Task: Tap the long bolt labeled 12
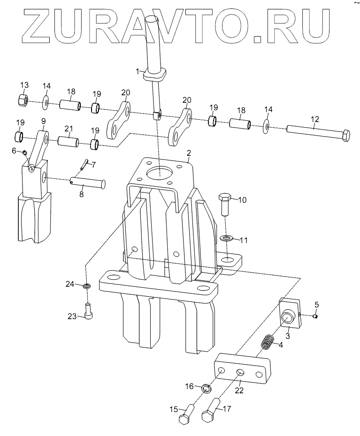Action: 319,133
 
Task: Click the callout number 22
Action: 239,390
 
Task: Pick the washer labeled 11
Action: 227,238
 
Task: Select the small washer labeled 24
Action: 88,286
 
